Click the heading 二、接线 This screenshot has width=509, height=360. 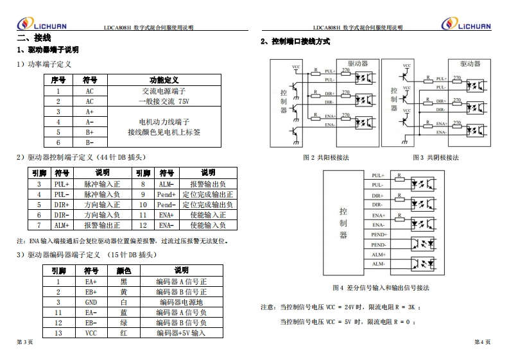pyautogui.click(x=29, y=39)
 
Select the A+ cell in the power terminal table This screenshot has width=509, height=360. pyautogui.click(x=90, y=112)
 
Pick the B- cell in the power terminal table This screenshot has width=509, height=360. pyautogui.click(x=90, y=142)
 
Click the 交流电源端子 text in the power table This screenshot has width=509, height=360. pyautogui.click(x=164, y=91)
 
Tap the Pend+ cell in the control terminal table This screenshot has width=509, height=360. pyautogui.click(x=166, y=194)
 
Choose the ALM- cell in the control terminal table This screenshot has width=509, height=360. pyautogui.click(x=166, y=184)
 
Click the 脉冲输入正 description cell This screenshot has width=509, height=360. pyautogui.click(x=102, y=184)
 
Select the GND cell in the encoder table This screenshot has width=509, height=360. pyautogui.click(x=91, y=302)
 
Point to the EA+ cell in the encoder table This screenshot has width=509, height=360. pyautogui.click(x=91, y=282)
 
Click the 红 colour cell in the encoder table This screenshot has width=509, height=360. pyautogui.click(x=123, y=333)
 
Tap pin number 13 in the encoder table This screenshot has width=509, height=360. pyautogui.click(x=58, y=333)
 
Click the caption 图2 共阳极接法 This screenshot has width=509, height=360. pyautogui.click(x=325, y=157)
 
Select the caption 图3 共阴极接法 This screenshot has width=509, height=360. pyautogui.click(x=435, y=157)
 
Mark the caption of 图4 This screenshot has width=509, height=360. pyautogui.click(x=381, y=287)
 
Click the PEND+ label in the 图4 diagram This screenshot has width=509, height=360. pyautogui.click(x=377, y=235)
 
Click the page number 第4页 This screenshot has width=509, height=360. pyautogui.click(x=482, y=342)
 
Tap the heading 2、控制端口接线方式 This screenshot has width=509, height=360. pyautogui.click(x=295, y=42)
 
